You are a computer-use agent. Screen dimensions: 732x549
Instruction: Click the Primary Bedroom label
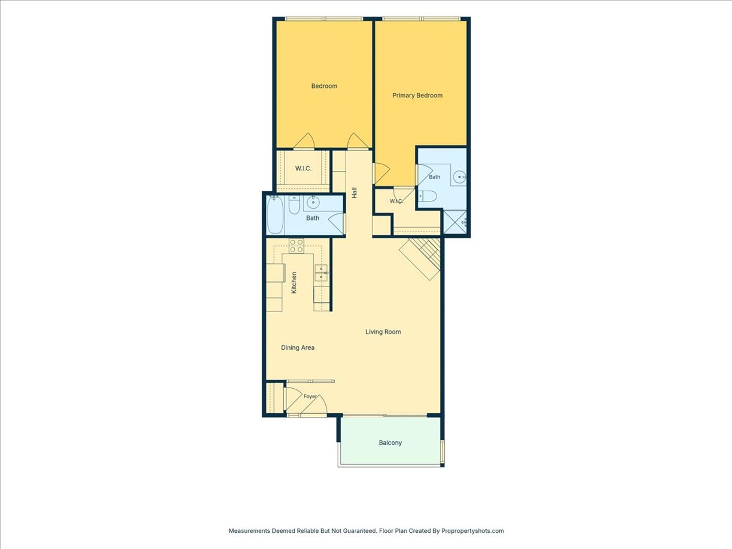click(x=417, y=96)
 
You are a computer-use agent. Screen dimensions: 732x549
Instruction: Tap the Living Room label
click(x=383, y=331)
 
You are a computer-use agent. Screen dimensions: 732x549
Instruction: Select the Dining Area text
click(x=297, y=348)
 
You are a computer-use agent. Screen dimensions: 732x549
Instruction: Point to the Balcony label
click(x=390, y=443)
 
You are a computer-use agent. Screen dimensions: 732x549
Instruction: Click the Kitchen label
click(x=294, y=283)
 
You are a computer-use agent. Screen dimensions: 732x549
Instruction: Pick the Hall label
click(x=354, y=193)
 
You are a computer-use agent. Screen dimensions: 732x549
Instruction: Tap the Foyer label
click(x=310, y=396)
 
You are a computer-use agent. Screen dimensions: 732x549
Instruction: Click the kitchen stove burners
click(x=296, y=246)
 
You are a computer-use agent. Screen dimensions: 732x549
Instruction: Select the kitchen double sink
click(x=321, y=273)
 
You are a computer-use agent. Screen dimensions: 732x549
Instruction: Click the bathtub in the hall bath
click(x=275, y=215)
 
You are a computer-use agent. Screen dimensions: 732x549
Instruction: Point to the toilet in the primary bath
click(x=428, y=196)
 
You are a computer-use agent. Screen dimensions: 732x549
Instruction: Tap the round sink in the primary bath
click(x=460, y=177)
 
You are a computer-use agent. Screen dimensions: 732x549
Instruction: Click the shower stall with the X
click(x=455, y=222)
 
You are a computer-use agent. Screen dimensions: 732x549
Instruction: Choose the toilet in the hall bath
click(x=294, y=205)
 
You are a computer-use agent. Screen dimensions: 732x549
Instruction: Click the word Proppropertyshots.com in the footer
click(x=473, y=531)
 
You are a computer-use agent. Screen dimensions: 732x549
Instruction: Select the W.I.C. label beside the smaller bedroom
click(x=303, y=169)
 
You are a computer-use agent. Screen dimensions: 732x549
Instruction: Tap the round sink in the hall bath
click(x=313, y=202)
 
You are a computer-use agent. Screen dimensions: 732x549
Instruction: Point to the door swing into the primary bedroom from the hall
click(x=381, y=173)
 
